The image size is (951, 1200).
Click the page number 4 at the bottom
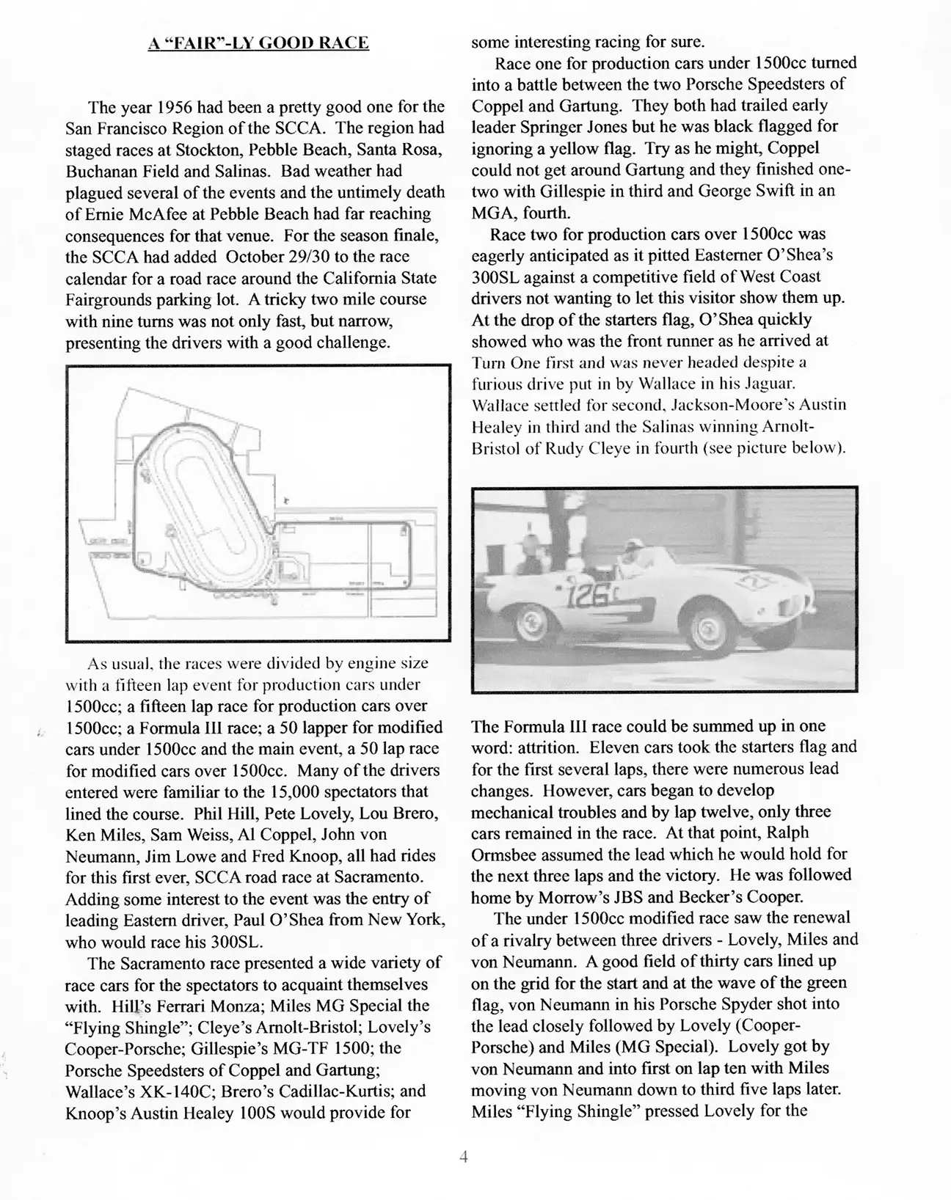pyautogui.click(x=463, y=1158)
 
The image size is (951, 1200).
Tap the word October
pyautogui.click(x=252, y=257)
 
